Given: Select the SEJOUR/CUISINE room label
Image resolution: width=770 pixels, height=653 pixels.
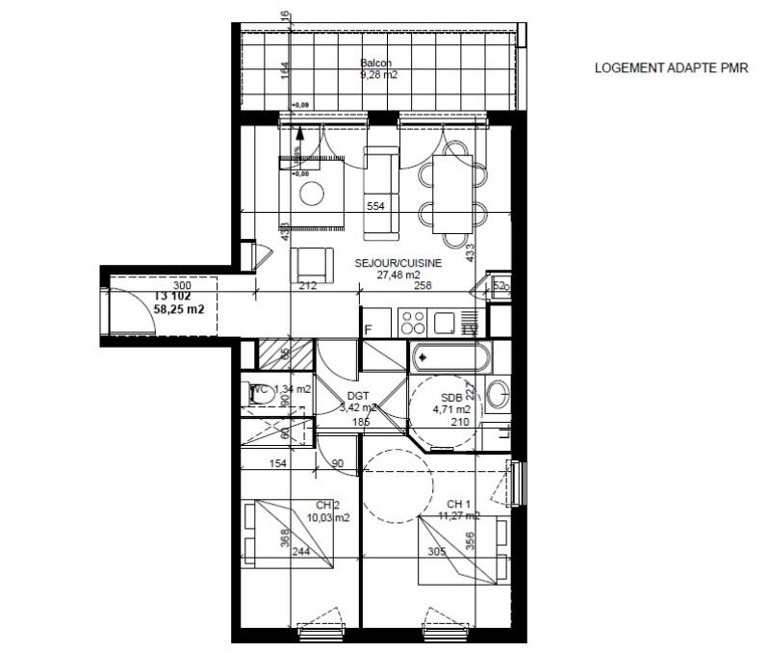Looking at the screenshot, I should coord(398,262).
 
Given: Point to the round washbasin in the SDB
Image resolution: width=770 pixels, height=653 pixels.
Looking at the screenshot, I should coord(498,393).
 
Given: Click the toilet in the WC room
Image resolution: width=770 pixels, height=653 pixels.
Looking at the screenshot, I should coord(258,393).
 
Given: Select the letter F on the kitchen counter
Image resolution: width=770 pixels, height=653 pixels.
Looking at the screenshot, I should coord(368,330).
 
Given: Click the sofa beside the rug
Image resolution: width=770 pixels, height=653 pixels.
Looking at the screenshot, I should coord(380,193).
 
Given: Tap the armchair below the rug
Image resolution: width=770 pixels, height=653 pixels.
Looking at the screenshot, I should coord(311,265).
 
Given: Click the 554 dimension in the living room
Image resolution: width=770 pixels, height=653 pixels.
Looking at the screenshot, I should coord(376,207).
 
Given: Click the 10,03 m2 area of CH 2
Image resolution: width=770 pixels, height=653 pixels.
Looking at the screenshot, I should coord(327,517).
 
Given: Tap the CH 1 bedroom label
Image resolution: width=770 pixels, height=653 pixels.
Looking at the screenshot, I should coord(458,504).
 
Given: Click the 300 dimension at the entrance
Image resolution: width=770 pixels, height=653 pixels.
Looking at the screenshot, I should coord(183,286).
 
